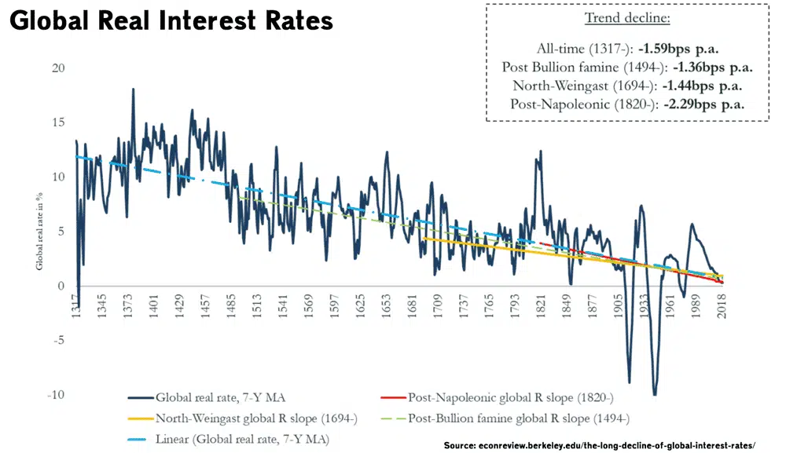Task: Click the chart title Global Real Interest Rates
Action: coord(171,21)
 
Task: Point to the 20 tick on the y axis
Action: coord(57,68)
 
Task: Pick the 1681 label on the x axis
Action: coord(412,305)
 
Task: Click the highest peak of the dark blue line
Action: coord(133,90)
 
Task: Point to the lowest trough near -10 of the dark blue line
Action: coord(654,394)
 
